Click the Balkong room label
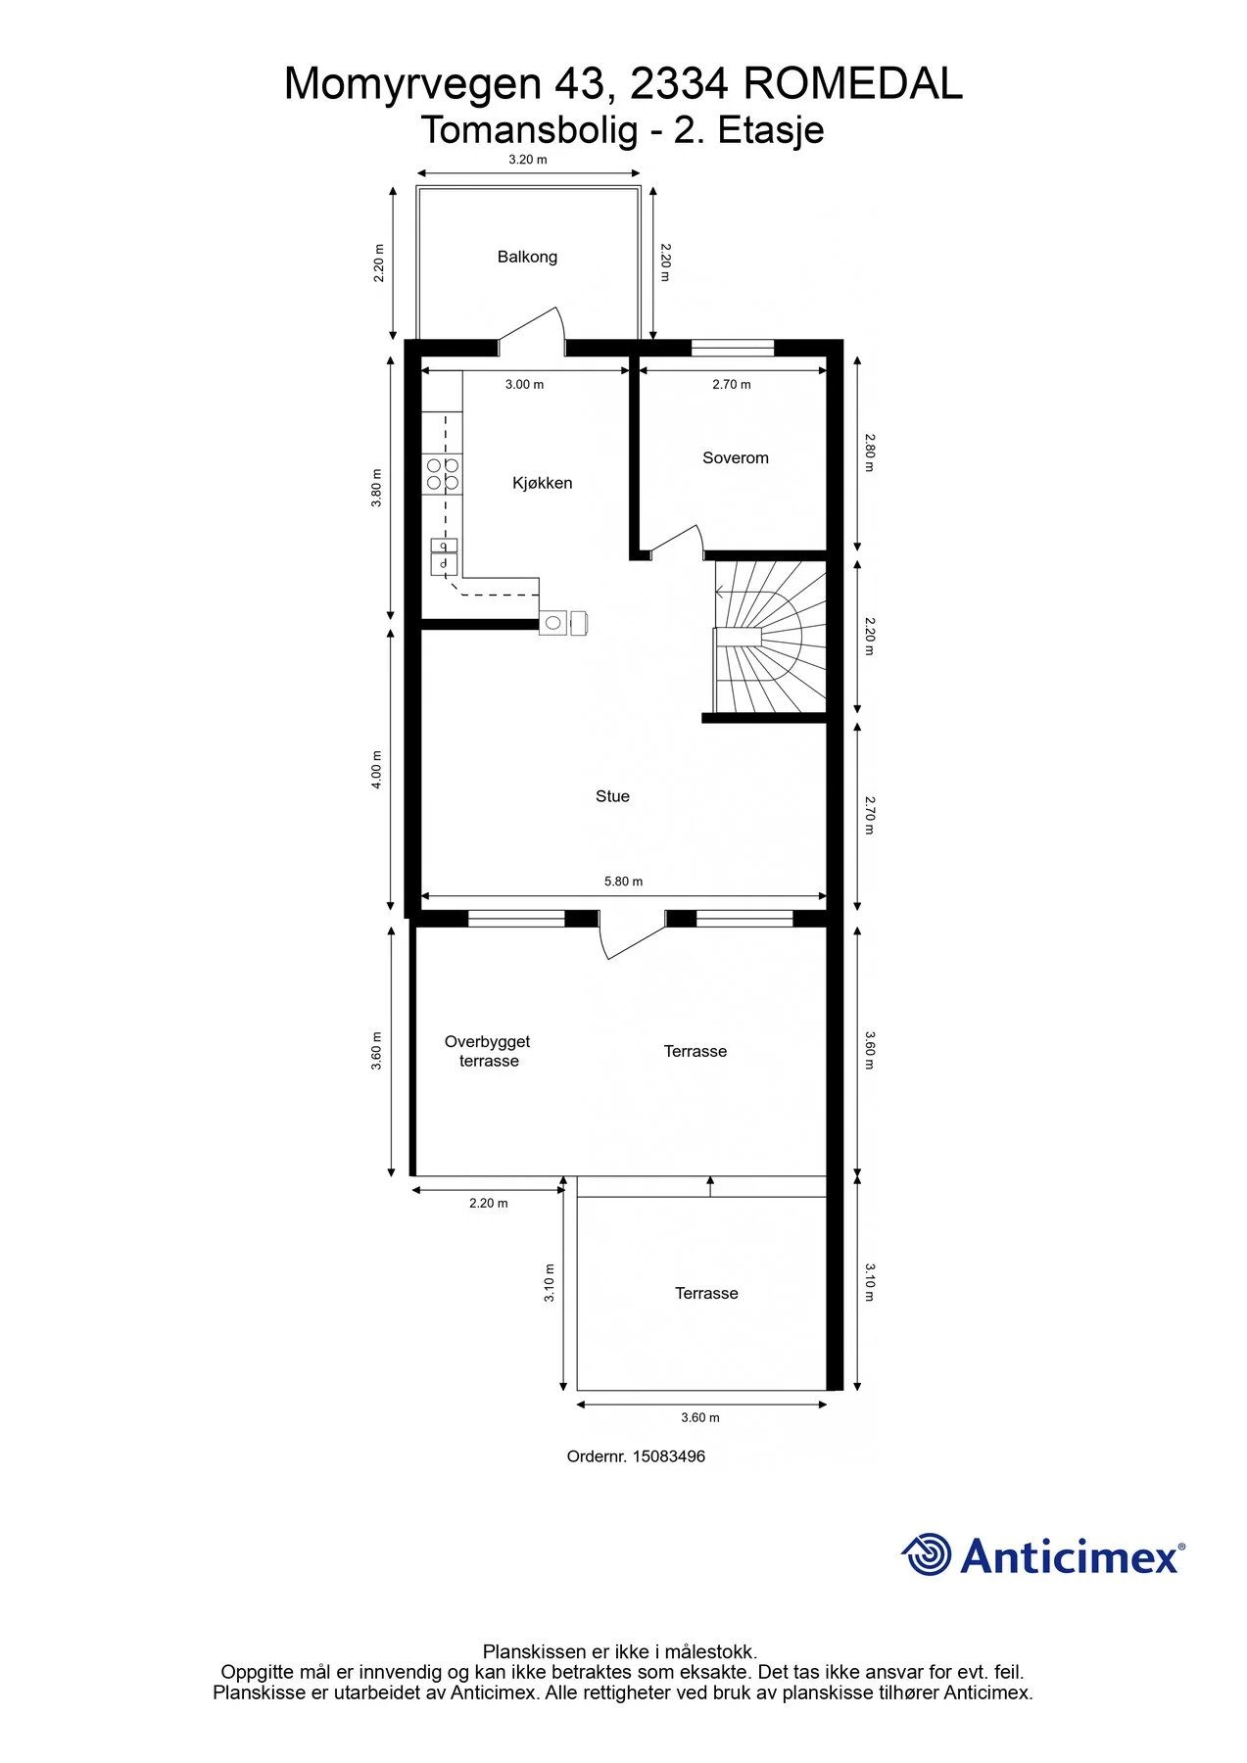pos(527,257)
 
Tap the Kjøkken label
pos(542,483)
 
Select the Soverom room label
pos(736,457)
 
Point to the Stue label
pos(612,796)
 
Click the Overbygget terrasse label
pos(488,1051)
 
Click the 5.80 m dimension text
pos(624,881)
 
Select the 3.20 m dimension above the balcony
pos(528,160)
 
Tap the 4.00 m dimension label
pos(377,770)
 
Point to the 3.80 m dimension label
pos(377,488)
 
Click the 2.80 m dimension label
pos(869,453)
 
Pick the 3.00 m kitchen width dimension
pos(524,385)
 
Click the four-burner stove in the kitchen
pos(443,474)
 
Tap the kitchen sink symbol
pos(444,556)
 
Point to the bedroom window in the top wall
pos(733,347)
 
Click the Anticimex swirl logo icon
pos(927,1554)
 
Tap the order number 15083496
pos(669,1456)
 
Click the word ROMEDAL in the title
pos(853,84)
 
